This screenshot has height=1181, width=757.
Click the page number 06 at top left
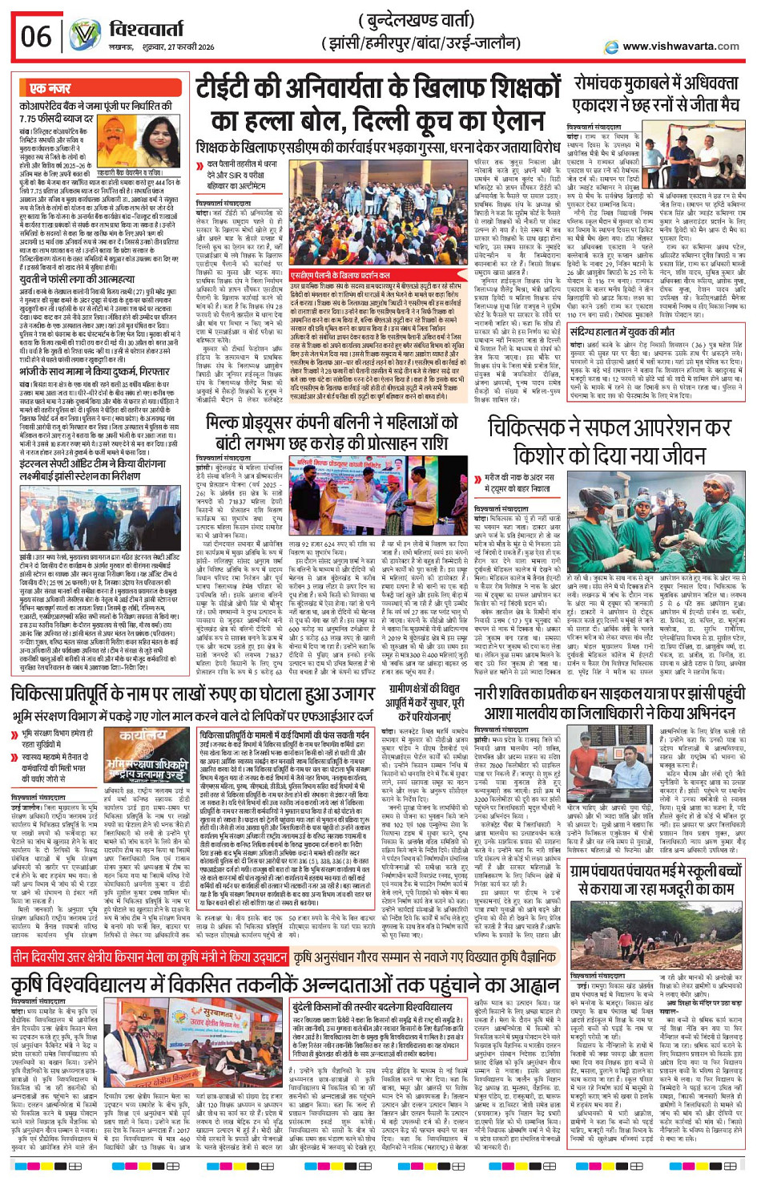coord(36,36)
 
